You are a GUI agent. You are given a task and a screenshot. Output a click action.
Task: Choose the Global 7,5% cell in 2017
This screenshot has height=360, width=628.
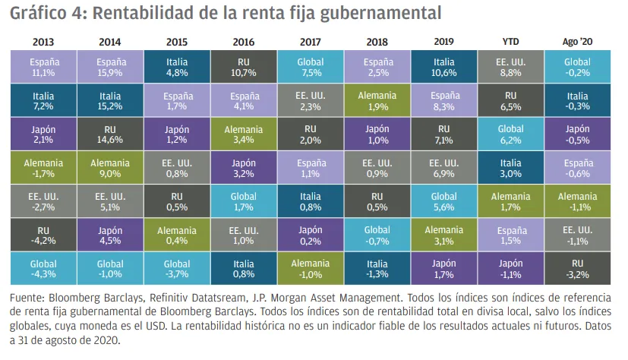click(x=310, y=68)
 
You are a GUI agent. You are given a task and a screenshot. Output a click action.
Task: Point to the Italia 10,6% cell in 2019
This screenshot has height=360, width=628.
click(x=443, y=68)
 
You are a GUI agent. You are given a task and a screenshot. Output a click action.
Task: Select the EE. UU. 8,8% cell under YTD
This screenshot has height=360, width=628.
click(x=511, y=68)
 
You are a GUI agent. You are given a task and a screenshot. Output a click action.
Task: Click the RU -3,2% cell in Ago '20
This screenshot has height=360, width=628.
click(x=577, y=269)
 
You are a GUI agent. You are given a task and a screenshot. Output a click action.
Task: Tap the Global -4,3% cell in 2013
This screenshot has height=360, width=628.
click(x=43, y=269)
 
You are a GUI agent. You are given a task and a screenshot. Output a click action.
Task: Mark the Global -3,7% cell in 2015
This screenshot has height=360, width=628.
click(x=176, y=269)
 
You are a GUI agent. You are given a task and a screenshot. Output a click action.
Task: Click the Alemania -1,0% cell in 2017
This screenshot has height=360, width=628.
click(x=310, y=269)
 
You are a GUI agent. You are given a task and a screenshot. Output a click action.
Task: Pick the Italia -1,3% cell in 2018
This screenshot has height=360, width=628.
click(x=377, y=269)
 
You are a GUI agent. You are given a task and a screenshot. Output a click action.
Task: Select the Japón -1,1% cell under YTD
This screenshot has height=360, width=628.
click(x=511, y=269)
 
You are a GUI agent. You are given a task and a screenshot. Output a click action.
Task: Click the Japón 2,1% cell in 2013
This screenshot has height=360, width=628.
click(x=43, y=134)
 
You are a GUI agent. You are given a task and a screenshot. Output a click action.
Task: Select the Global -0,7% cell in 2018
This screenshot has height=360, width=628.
click(x=377, y=235)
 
